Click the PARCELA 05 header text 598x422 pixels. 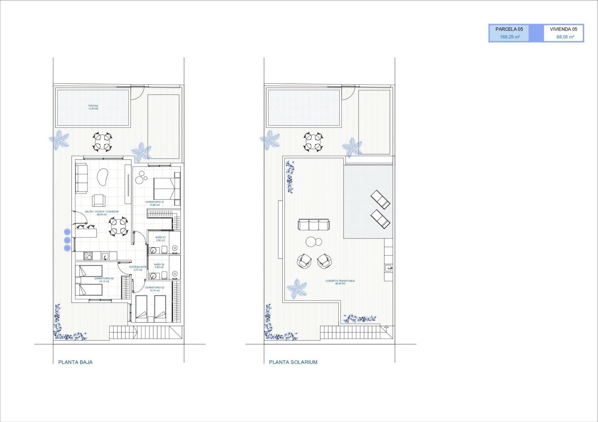click(509, 29)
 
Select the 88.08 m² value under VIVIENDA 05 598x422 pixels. click(565, 37)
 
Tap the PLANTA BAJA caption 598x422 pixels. click(75, 362)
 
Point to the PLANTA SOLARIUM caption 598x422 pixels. click(293, 362)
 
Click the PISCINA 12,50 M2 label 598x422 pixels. click(93, 107)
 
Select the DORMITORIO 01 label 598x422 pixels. click(154, 203)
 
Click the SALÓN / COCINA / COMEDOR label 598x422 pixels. click(102, 213)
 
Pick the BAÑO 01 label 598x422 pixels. click(160, 239)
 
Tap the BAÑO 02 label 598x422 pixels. click(159, 266)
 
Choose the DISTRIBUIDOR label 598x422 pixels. click(138, 268)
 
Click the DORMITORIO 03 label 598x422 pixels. click(104, 280)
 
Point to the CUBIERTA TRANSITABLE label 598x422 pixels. click(340, 282)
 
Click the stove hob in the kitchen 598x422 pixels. click(88, 256)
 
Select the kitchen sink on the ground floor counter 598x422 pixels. click(105, 256)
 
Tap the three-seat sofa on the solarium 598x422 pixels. click(314, 224)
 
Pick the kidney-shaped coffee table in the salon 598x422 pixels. click(102, 177)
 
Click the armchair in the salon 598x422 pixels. click(98, 200)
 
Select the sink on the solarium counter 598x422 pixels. click(388, 268)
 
